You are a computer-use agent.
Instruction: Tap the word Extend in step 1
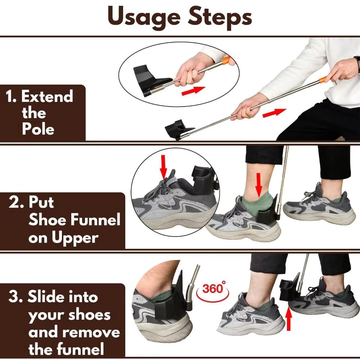click(47, 97)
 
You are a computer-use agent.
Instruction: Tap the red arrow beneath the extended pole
click(274, 113)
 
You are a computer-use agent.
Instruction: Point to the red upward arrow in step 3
click(288, 319)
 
